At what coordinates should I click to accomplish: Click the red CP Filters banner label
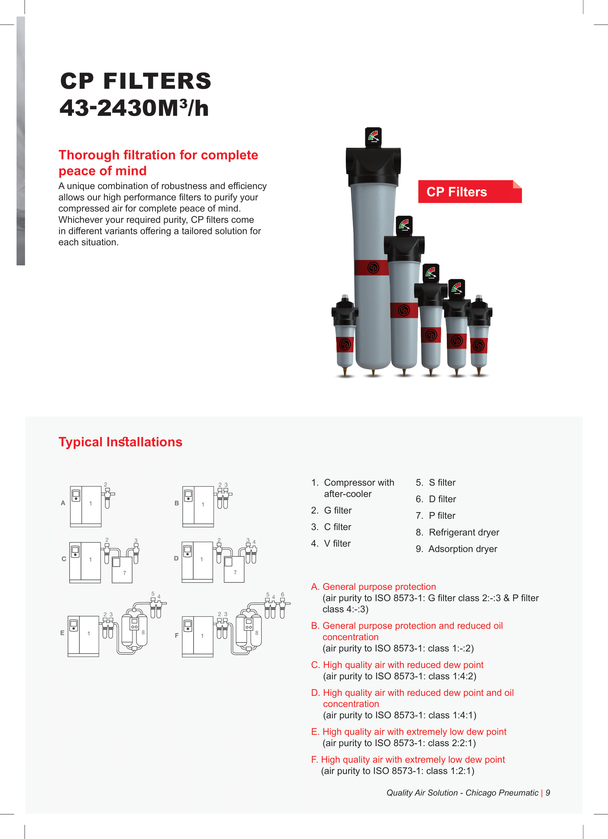tap(469, 192)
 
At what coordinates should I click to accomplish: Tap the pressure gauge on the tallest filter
tap(373, 136)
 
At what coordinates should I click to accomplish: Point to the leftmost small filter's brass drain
tap(345, 371)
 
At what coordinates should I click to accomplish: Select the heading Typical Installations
tap(120, 442)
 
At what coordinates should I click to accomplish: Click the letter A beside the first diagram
tap(63, 503)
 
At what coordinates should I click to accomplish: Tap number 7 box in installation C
tap(122, 570)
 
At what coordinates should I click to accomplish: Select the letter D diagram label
tap(176, 558)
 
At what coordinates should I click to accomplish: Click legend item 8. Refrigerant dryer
tap(457, 532)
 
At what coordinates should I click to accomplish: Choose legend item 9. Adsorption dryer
tap(456, 549)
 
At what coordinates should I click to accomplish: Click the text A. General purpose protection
tap(374, 587)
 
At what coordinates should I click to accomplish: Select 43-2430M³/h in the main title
tap(134, 108)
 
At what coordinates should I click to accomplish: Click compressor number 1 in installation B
tap(203, 504)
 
